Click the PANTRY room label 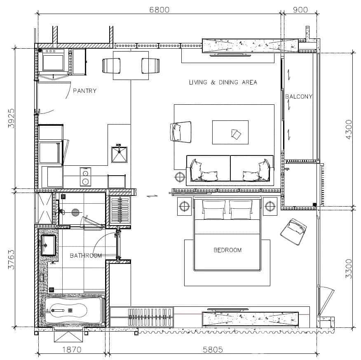(x=84, y=91)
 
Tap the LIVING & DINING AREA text (x=223, y=82)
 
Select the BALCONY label (x=299, y=96)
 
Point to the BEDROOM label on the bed (x=227, y=250)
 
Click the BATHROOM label (x=86, y=256)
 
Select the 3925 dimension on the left (x=12, y=119)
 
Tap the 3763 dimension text (x=12, y=260)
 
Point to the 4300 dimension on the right (x=349, y=129)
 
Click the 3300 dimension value (x=349, y=268)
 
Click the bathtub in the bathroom (x=73, y=311)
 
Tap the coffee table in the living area (x=230, y=132)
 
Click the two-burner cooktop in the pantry (x=85, y=177)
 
